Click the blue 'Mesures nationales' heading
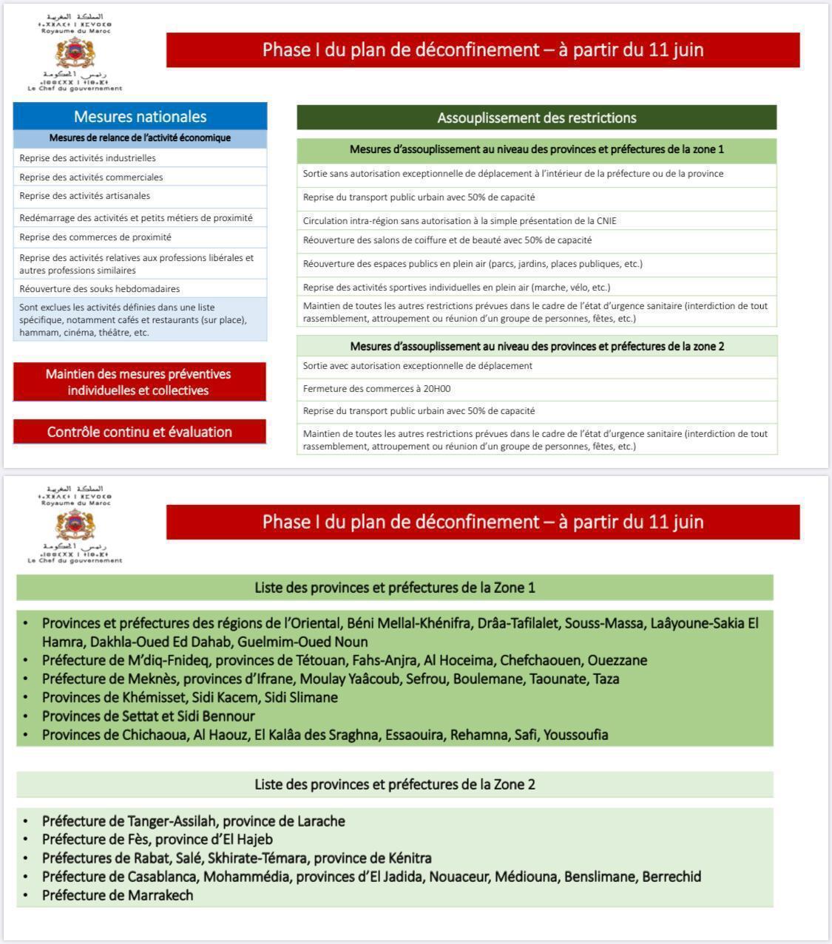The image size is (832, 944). click(140, 116)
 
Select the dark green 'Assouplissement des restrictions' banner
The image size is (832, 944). click(536, 118)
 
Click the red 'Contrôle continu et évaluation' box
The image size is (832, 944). click(139, 432)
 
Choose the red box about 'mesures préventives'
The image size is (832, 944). click(139, 382)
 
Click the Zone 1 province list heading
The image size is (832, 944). click(394, 588)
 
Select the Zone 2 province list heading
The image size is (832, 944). click(394, 784)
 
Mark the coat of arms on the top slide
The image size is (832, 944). click(75, 53)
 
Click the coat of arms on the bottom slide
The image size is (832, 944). click(75, 526)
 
